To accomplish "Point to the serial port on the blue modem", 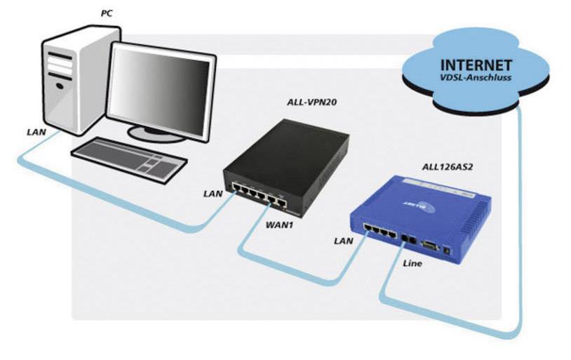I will [430, 246].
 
